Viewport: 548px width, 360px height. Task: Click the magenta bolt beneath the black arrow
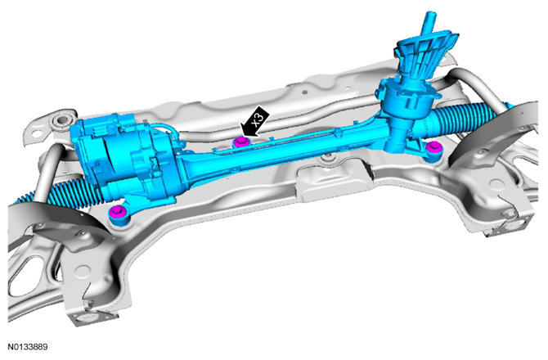click(242, 142)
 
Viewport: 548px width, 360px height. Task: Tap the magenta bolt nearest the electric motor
click(118, 212)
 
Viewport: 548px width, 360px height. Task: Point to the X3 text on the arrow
click(259, 119)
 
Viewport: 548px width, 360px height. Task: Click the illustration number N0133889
click(28, 347)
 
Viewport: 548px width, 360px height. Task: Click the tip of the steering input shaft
click(430, 15)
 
